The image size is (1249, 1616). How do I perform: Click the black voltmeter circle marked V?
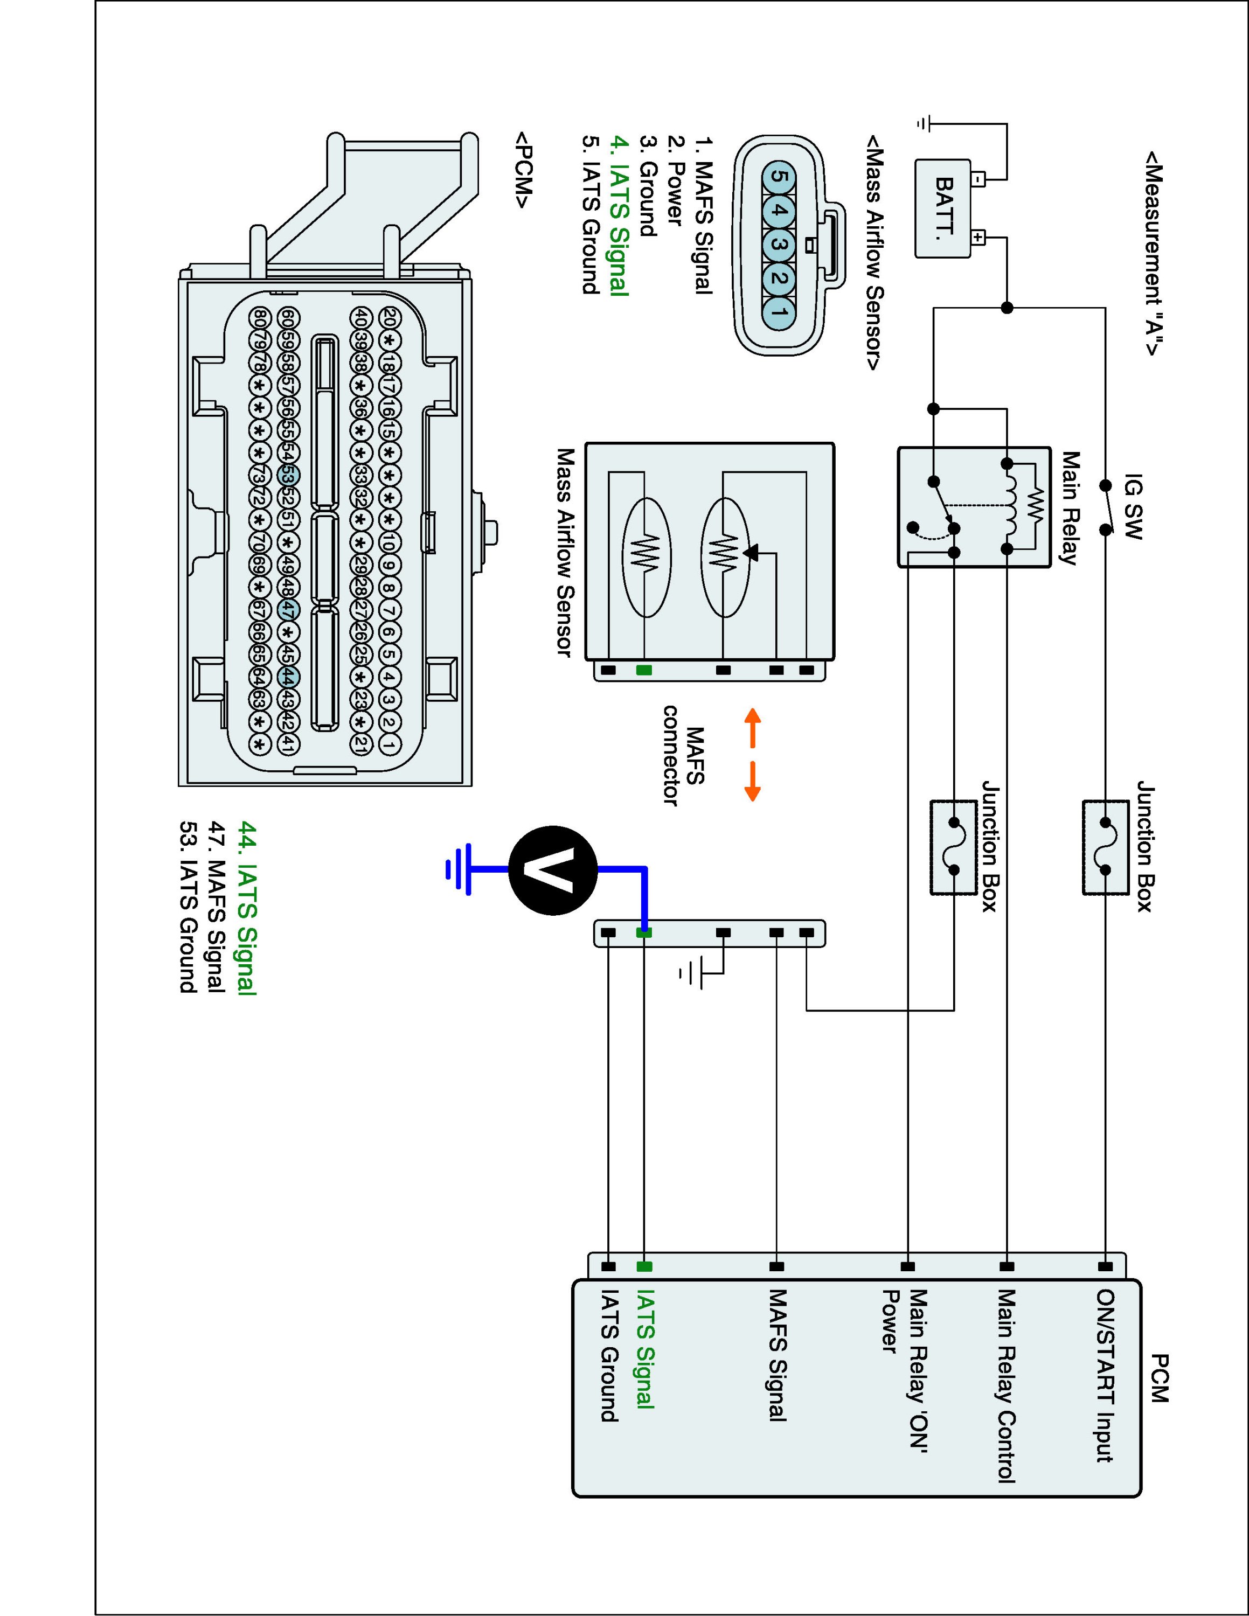[553, 870]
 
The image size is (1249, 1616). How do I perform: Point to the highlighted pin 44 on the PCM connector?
[289, 677]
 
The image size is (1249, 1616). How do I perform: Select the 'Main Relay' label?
[1068, 507]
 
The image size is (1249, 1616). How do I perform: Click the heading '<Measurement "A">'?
[1154, 254]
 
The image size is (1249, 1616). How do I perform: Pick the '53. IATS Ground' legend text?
[190, 907]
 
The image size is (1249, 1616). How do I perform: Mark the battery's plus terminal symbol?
[977, 238]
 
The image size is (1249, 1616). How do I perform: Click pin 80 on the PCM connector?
[259, 317]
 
